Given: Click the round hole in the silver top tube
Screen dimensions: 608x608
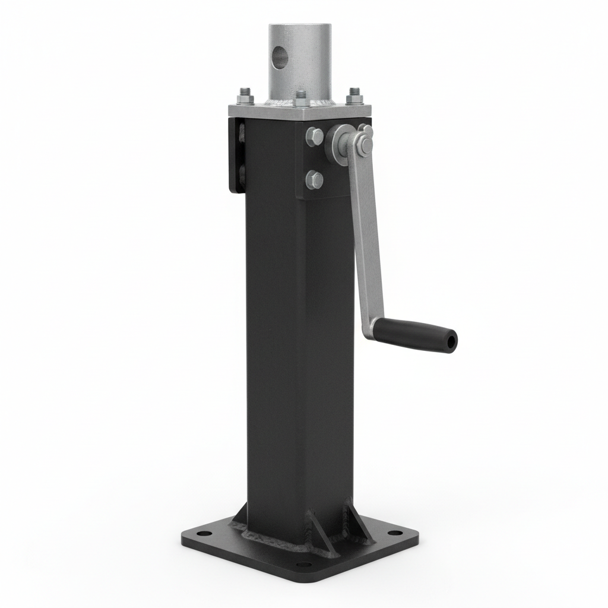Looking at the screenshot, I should tap(278, 58).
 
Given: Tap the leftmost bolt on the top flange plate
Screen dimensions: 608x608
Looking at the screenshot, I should tap(246, 96).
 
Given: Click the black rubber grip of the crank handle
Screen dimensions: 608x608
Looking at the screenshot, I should tap(416, 335).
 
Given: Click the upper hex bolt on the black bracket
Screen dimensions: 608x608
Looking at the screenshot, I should tap(315, 137).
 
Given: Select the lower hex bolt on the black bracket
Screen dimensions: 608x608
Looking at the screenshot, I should tap(315, 179).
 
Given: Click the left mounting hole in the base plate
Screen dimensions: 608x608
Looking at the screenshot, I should tap(203, 534).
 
